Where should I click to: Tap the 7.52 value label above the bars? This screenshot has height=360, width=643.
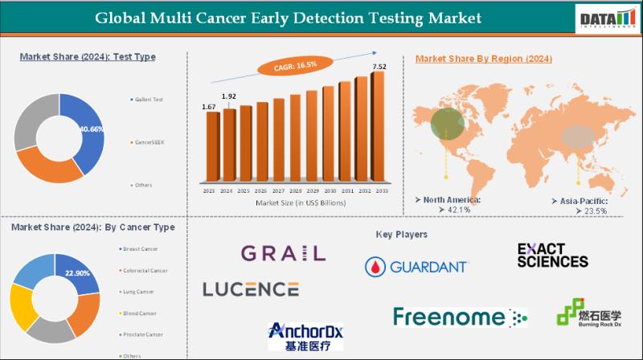378,66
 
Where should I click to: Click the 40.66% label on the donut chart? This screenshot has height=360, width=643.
90,128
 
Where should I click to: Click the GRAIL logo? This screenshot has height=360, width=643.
283,253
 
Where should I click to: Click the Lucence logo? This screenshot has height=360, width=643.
251,288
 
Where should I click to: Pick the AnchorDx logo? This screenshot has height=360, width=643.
305,336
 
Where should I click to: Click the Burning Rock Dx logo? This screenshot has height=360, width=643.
588,312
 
